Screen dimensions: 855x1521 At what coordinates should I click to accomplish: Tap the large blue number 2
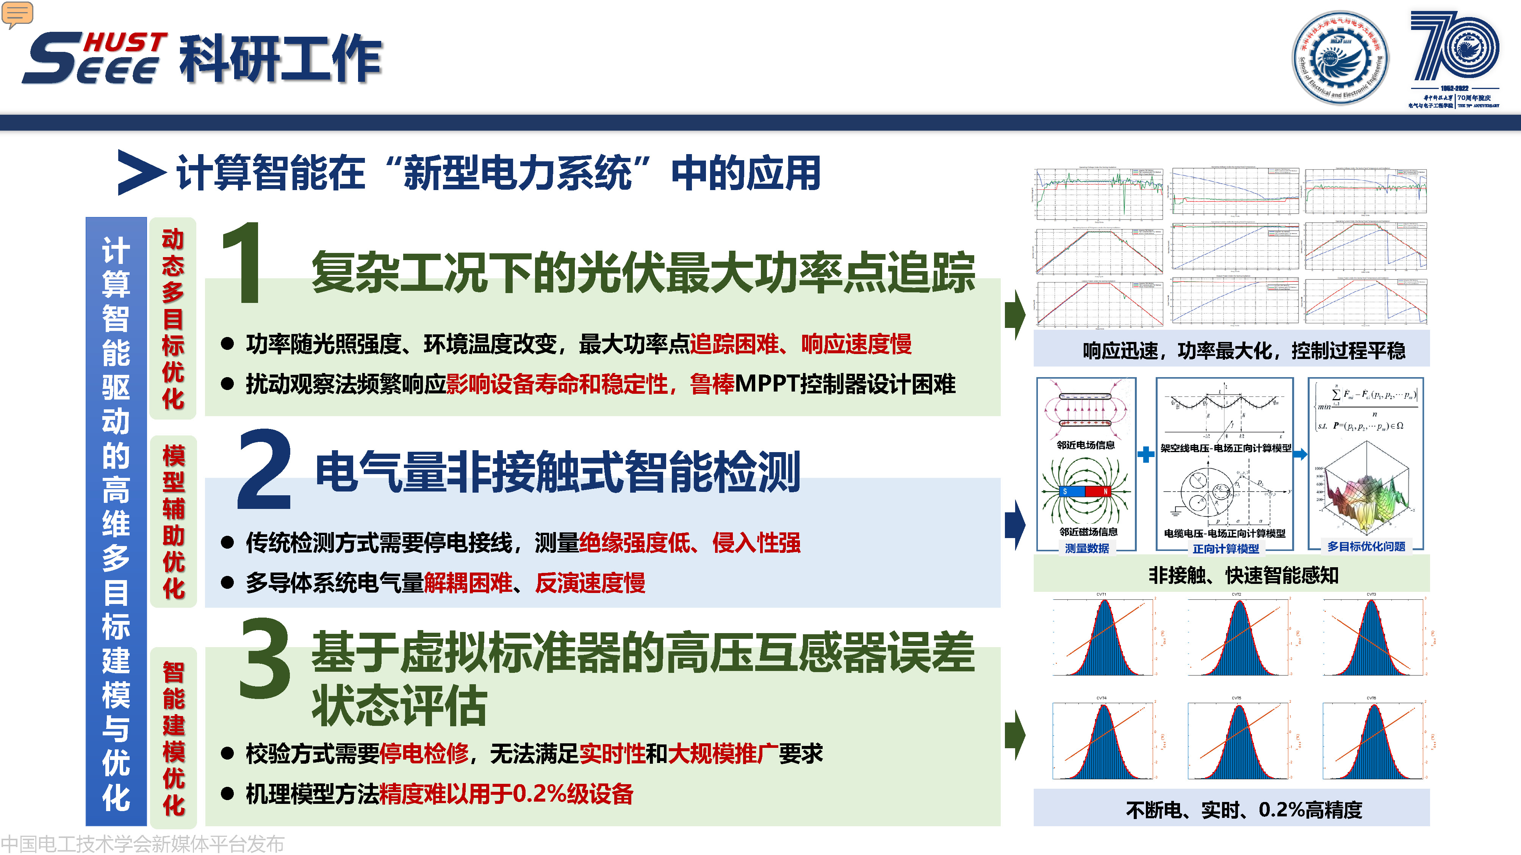click(x=264, y=470)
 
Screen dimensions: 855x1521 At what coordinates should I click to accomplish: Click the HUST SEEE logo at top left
click(x=94, y=58)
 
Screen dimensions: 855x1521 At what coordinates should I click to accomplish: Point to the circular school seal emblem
click(x=1340, y=58)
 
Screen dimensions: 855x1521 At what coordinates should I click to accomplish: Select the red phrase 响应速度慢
click(x=856, y=344)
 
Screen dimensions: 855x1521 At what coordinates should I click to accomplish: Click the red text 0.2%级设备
click(x=573, y=794)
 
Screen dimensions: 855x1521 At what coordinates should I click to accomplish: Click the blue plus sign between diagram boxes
click(x=1145, y=454)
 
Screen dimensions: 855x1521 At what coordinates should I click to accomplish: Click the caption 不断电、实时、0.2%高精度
click(x=1244, y=810)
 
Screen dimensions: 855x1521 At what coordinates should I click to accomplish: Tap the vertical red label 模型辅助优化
click(x=174, y=522)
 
